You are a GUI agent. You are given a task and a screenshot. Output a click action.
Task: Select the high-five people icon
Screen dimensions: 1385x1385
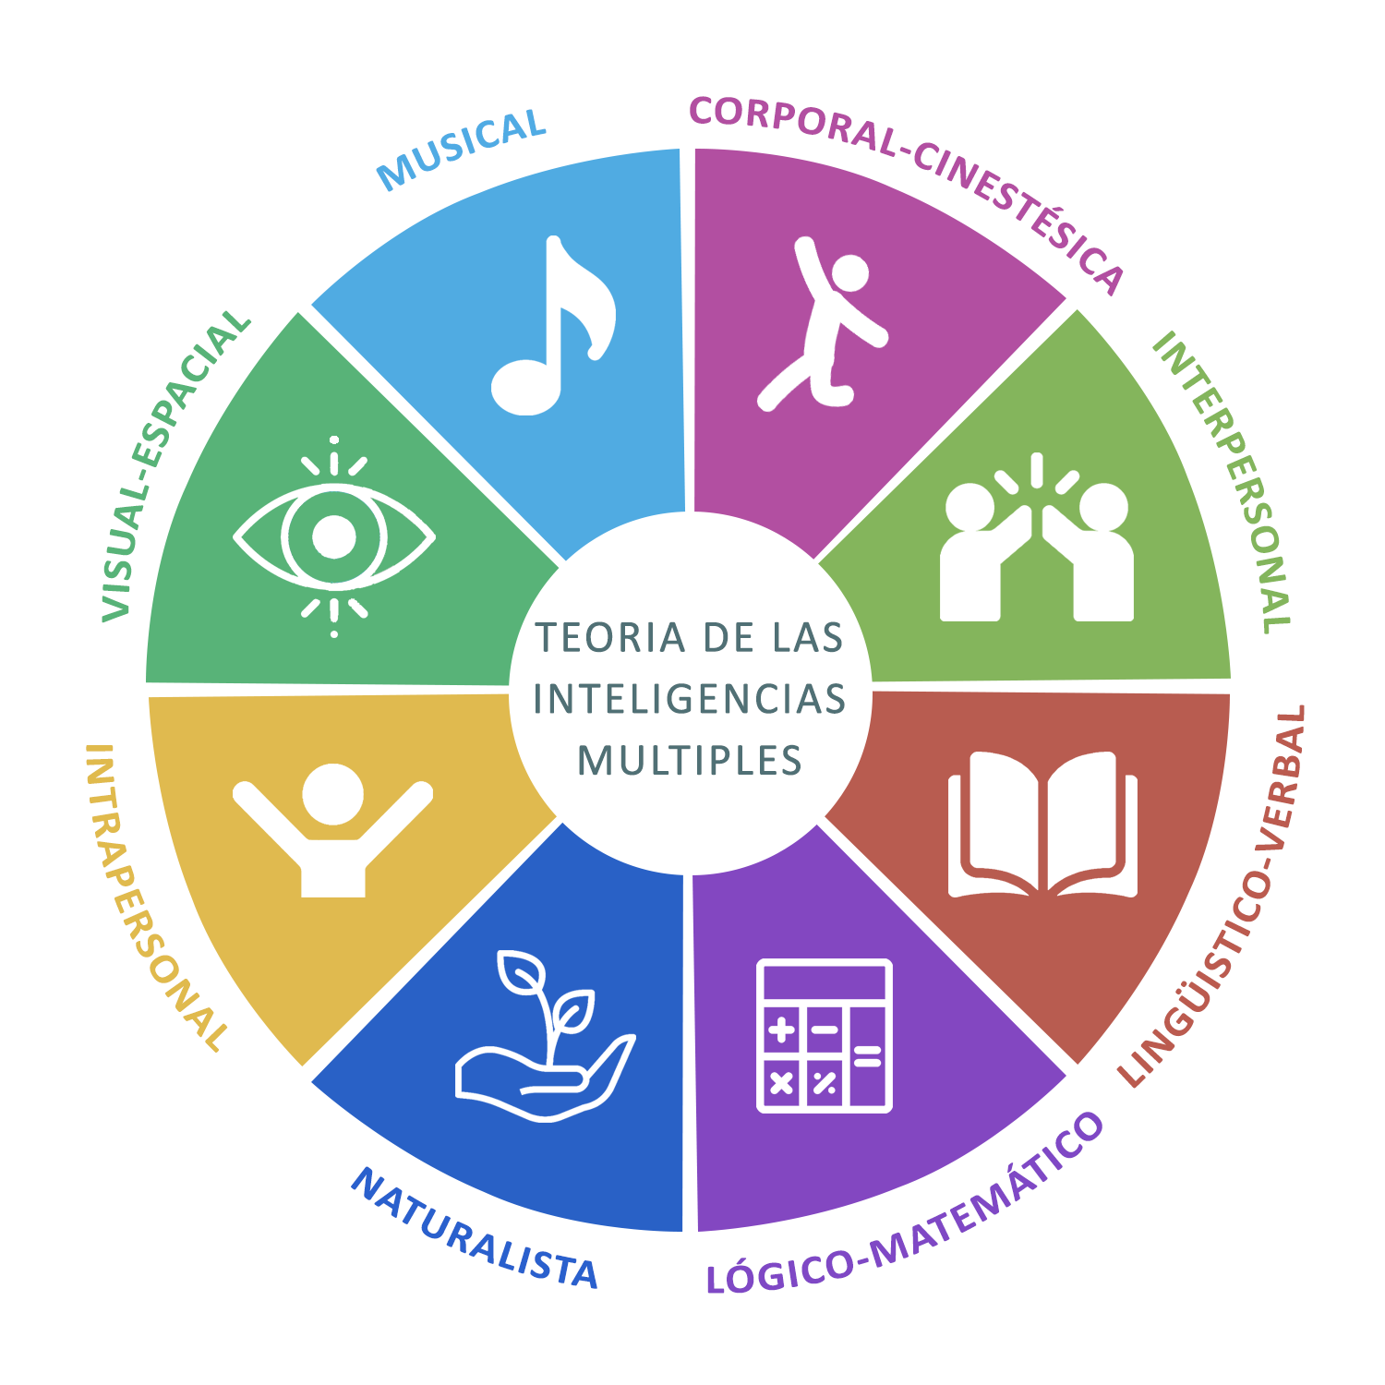1036,545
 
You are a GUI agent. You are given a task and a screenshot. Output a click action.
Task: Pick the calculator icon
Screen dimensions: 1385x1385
824,1035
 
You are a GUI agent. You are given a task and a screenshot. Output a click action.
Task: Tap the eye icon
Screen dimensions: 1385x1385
333,536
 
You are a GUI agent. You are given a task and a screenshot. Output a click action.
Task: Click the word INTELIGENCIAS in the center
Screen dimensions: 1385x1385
690,699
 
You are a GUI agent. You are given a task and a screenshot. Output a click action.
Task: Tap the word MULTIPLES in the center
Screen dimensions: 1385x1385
690,761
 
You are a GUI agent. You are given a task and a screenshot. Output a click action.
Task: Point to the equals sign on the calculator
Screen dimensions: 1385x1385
867,1055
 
